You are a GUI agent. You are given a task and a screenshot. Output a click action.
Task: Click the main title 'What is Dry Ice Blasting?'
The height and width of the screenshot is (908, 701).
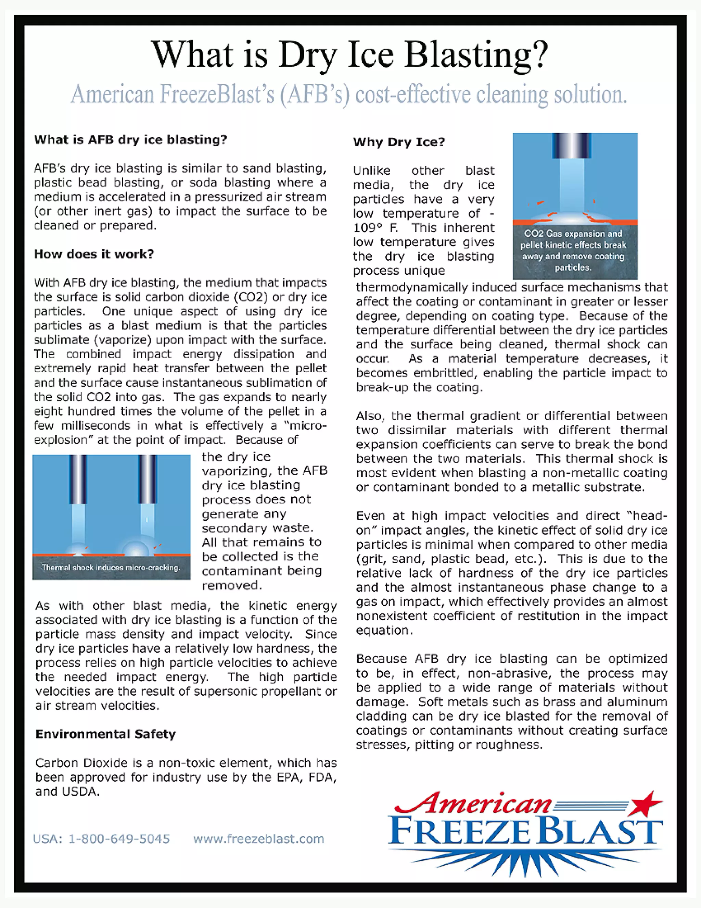[350, 55]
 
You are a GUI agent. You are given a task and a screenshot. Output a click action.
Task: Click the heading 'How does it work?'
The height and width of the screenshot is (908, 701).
[94, 254]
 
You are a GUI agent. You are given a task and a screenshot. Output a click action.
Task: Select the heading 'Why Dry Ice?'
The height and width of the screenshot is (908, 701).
[399, 142]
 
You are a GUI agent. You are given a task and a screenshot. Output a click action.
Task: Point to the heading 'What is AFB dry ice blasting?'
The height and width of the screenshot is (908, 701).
[130, 139]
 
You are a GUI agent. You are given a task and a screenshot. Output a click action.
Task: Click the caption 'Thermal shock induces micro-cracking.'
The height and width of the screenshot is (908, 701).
[111, 568]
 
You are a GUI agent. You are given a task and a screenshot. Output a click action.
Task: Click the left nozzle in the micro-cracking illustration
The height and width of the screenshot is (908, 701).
[78, 479]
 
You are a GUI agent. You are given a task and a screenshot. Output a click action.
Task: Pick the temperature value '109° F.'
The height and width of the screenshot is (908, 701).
[375, 228]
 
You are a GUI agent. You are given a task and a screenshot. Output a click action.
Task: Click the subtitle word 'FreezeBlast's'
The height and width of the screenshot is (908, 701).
[217, 95]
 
